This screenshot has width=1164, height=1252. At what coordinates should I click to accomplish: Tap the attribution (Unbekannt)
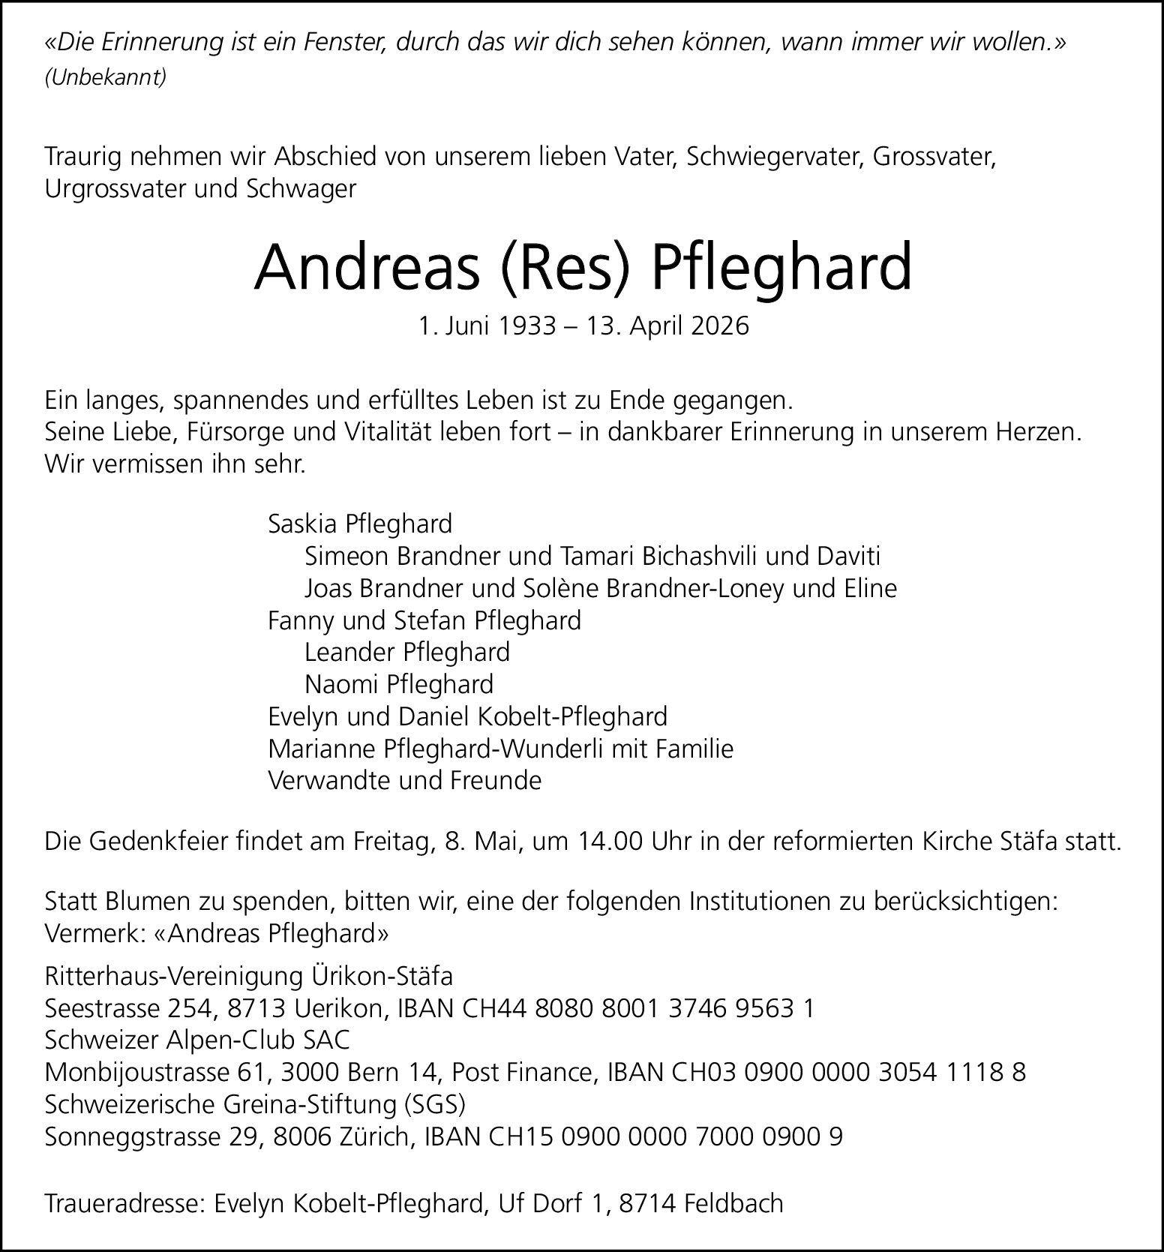coord(106,78)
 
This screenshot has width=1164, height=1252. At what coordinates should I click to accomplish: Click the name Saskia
coord(303,523)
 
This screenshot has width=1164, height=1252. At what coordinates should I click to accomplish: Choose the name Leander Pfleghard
coord(406,652)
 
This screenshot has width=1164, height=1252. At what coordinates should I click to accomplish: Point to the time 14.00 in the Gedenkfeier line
coord(610,842)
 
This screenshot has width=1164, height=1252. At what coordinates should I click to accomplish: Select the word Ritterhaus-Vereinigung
coord(174,977)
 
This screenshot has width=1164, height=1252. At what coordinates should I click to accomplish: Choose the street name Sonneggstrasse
coord(133,1137)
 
